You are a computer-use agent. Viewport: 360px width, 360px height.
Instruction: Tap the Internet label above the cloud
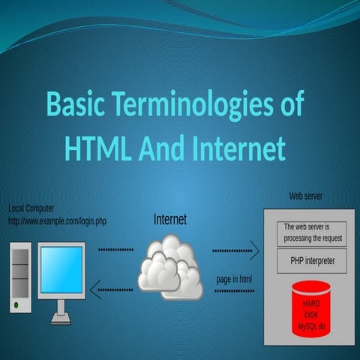click(x=169, y=220)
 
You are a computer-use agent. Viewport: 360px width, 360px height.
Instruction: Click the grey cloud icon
click(x=170, y=266)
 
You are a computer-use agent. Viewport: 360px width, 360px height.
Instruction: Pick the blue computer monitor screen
click(x=61, y=269)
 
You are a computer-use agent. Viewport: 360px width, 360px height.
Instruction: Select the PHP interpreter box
click(x=311, y=261)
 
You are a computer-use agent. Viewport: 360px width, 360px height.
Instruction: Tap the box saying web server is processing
click(x=312, y=232)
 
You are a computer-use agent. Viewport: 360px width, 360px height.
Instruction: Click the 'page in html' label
click(x=235, y=279)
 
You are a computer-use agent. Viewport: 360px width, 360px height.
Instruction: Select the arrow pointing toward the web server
click(x=235, y=250)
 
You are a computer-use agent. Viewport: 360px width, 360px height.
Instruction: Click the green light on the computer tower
click(x=16, y=306)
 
